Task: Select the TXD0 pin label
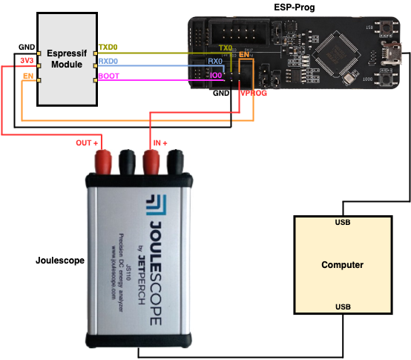tap(109, 46)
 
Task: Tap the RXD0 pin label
tap(109, 62)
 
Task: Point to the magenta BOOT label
tap(109, 76)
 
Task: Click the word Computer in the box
tap(342, 265)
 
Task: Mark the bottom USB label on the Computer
tap(342, 307)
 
